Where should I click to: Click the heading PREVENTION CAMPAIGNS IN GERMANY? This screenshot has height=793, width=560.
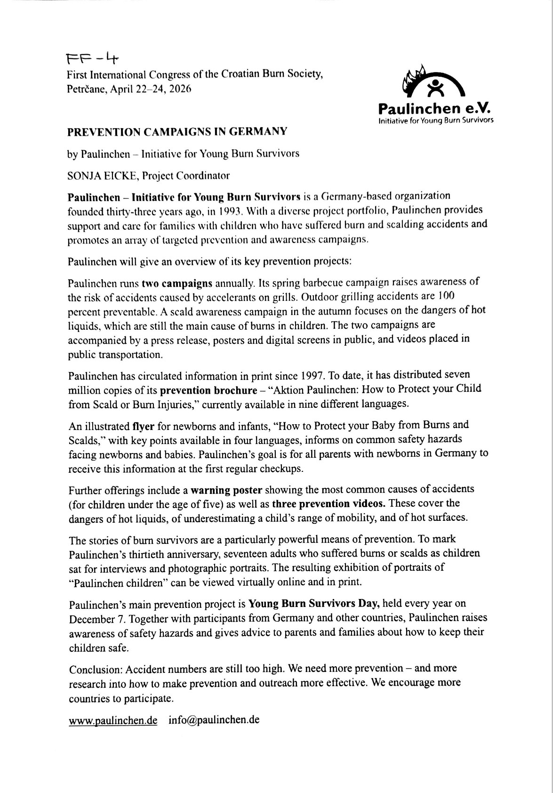click(177, 132)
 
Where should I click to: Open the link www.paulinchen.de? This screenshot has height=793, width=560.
click(113, 720)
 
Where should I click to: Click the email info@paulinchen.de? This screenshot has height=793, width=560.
click(214, 720)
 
